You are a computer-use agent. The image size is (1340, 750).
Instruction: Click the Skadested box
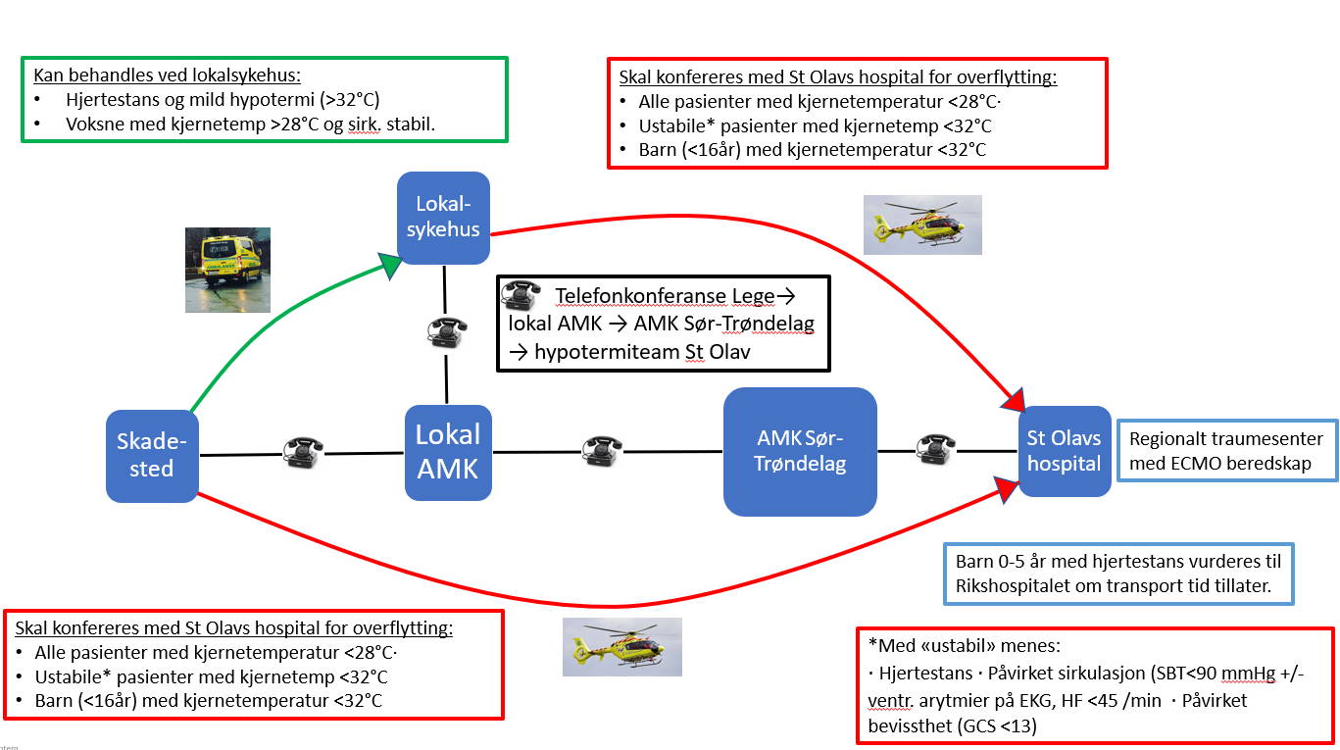click(x=152, y=456)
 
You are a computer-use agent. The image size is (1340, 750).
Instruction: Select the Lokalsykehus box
click(x=443, y=218)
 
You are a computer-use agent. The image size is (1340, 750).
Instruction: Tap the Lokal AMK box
click(x=448, y=452)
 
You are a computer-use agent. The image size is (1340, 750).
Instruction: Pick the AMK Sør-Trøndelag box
click(x=800, y=452)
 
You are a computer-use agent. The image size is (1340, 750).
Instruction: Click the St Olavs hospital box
click(x=1065, y=452)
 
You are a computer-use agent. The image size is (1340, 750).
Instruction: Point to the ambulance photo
click(x=227, y=270)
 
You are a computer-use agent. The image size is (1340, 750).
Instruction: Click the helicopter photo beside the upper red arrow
click(x=922, y=225)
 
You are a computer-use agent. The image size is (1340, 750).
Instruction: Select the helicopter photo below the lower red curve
click(x=621, y=646)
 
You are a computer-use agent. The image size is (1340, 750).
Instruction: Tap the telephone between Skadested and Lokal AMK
click(x=302, y=451)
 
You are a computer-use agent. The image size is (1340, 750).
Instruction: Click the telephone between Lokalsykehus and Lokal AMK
click(x=446, y=331)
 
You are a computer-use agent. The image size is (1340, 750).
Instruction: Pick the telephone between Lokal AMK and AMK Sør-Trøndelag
click(x=600, y=451)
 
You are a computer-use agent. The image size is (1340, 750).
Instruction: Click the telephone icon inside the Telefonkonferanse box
click(x=521, y=296)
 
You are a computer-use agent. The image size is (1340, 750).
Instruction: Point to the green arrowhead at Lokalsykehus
click(x=394, y=265)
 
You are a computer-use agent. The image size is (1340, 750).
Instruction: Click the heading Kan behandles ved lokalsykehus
click(x=168, y=75)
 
